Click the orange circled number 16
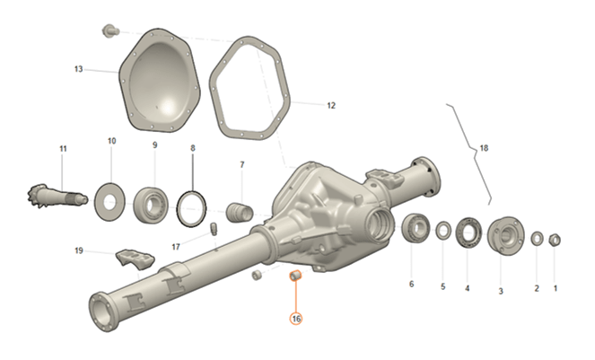296,319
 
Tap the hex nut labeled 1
555,240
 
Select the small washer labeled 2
537,239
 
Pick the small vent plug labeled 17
214,229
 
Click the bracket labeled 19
136,259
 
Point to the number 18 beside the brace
484,148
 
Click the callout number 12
331,105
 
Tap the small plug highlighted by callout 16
295,276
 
